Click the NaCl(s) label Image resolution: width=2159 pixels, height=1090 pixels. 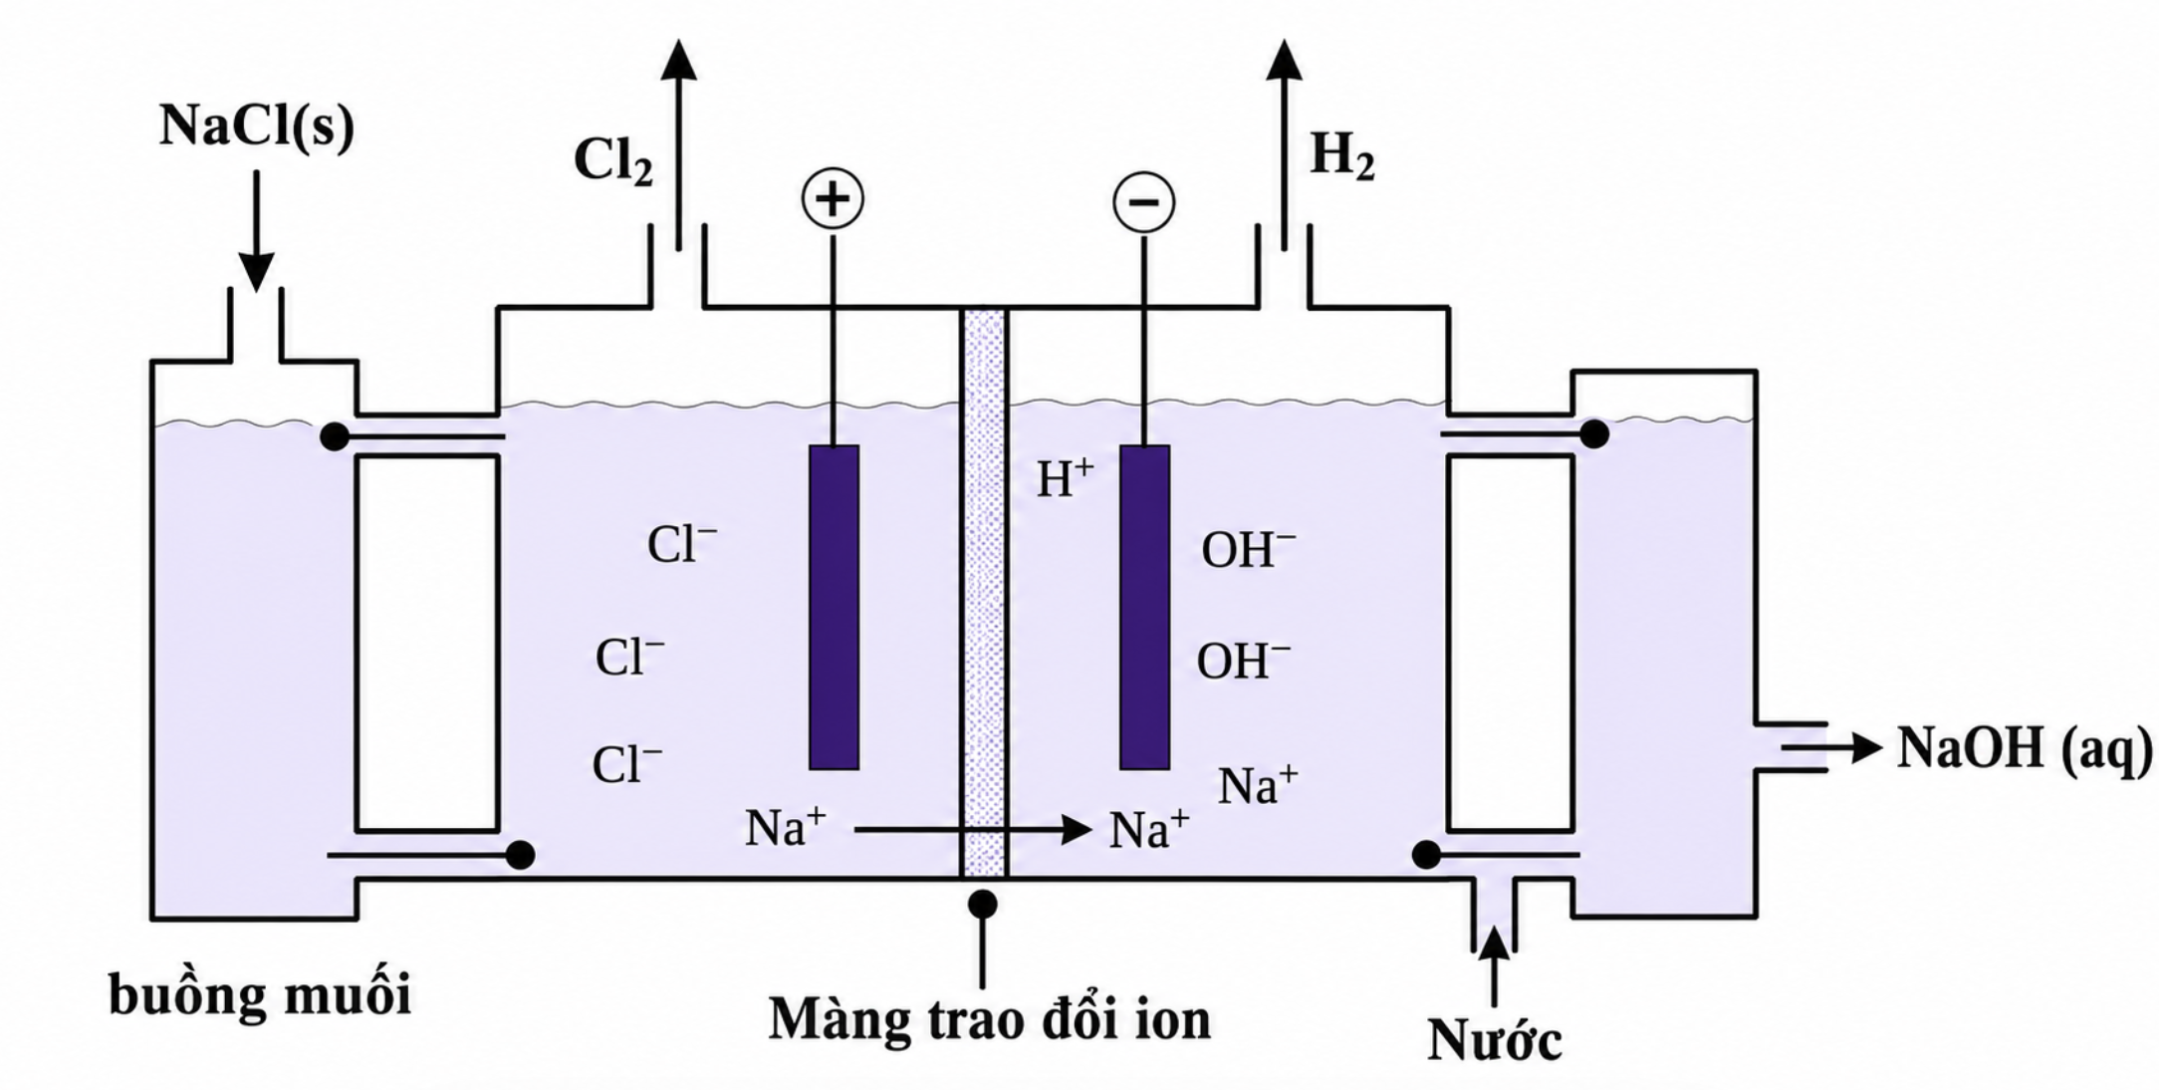257,128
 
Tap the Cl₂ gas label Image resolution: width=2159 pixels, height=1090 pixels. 613,160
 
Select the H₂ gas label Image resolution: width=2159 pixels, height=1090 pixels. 1341,155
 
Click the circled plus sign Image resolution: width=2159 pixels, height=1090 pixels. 833,198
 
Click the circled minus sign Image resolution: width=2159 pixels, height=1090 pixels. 1143,202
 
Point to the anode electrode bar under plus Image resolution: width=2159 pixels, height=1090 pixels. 834,607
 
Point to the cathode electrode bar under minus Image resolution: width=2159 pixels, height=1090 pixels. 1144,607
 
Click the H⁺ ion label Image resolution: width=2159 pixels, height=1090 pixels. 1065,478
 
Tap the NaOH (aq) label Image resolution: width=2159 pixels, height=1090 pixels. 2024,749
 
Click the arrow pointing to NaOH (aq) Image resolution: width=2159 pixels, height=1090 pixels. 1832,746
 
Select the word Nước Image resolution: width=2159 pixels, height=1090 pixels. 1494,1040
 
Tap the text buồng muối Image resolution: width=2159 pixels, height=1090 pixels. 260,995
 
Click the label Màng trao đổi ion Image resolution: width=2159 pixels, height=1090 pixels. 990,1019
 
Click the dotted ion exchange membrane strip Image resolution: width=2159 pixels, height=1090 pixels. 984,593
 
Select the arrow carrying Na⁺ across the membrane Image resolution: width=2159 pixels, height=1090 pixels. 973,829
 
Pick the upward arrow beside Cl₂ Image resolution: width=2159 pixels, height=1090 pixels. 679,144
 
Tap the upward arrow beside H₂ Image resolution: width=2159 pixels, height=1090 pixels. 1284,144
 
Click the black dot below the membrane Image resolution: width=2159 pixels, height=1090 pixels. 982,904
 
